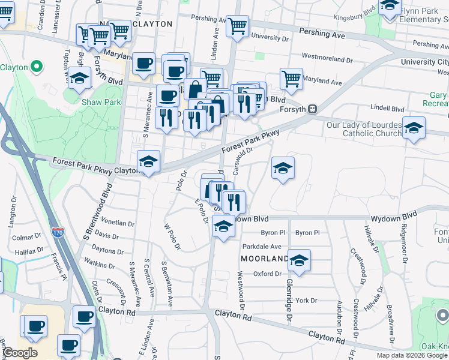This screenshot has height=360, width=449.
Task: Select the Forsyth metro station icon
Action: pos(312,110)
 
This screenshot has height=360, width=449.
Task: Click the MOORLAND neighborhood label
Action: pos(265,259)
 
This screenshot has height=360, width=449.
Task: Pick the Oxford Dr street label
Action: pos(267,274)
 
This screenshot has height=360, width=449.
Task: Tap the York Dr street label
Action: pos(306,300)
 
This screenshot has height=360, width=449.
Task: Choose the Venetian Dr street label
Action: pos(118,223)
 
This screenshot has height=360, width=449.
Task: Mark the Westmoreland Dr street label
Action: pos(327,60)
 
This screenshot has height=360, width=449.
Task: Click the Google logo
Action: pos(20,353)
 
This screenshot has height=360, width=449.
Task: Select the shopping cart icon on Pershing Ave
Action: pos(238,26)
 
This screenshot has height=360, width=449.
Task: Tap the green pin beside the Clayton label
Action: pos(36,67)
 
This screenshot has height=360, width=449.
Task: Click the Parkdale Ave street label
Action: pos(262,247)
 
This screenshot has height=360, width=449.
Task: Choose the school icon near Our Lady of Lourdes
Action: pos(413,128)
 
